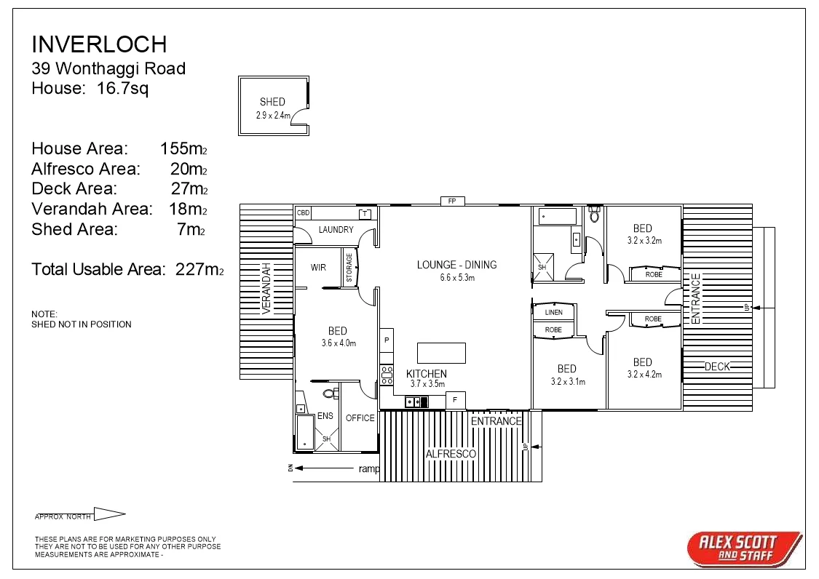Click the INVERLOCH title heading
(x=99, y=44)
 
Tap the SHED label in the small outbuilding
(x=272, y=102)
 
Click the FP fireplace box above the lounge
(x=451, y=201)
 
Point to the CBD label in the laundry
(x=303, y=213)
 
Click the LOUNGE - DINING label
(x=456, y=265)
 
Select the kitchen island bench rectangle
(x=441, y=353)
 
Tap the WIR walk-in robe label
(x=318, y=268)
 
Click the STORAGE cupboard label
(x=349, y=268)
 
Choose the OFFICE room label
(x=360, y=418)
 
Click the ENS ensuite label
(x=325, y=416)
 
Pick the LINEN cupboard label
(x=553, y=313)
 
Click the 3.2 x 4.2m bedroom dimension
(x=642, y=375)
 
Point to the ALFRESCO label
(x=451, y=454)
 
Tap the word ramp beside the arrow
(x=369, y=469)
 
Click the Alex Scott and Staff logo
(x=743, y=548)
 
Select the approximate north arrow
(x=109, y=514)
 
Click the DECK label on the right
(x=717, y=367)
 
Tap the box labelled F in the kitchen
(x=455, y=400)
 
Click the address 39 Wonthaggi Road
(x=108, y=69)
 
